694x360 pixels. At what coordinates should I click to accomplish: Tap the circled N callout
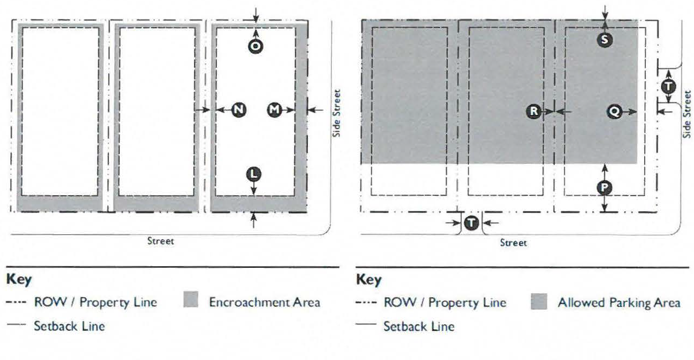pyautogui.click(x=239, y=110)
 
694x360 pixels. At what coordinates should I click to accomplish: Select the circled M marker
pyautogui.click(x=275, y=110)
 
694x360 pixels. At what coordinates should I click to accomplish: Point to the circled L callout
pyautogui.click(x=254, y=174)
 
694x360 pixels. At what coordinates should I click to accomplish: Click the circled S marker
pyautogui.click(x=605, y=39)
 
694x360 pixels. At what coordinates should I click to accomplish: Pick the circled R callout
pyautogui.click(x=534, y=111)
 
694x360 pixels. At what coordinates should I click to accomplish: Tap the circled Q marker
pyautogui.click(x=615, y=111)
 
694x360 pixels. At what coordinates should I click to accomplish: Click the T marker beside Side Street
pyautogui.click(x=669, y=86)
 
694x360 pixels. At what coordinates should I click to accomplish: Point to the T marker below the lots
pyautogui.click(x=472, y=222)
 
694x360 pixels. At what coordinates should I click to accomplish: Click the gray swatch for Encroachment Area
pyautogui.click(x=191, y=301)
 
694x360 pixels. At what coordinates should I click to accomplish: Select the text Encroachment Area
pyautogui.click(x=265, y=302)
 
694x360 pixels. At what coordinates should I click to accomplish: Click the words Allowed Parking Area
pyautogui.click(x=619, y=302)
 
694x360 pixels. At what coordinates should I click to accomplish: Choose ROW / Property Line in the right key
pyautogui.click(x=445, y=302)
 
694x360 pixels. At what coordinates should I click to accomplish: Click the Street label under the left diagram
pyautogui.click(x=161, y=241)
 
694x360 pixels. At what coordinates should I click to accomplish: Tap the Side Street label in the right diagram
pyautogui.click(x=687, y=114)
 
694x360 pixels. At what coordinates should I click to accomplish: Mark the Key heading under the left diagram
pyautogui.click(x=19, y=280)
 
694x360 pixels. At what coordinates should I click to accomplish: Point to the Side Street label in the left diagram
pyautogui.click(x=337, y=113)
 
